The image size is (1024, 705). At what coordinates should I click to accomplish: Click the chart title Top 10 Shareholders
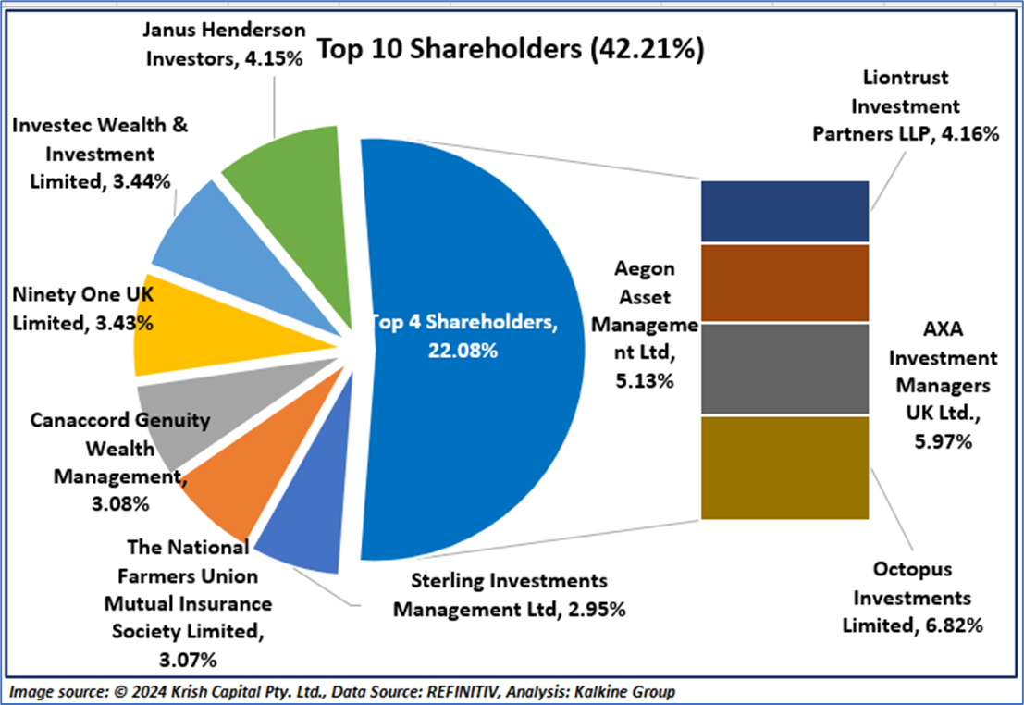511,50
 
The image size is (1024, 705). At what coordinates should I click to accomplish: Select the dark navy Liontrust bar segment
784,210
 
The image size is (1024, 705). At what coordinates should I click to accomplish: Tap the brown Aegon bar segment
784,283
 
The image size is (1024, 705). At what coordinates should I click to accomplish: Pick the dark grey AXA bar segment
784,368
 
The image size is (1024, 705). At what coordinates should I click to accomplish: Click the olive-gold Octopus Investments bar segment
784,467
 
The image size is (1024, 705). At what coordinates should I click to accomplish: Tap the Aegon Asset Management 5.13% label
646,324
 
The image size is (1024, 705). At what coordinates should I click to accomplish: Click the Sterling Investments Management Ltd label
510,595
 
